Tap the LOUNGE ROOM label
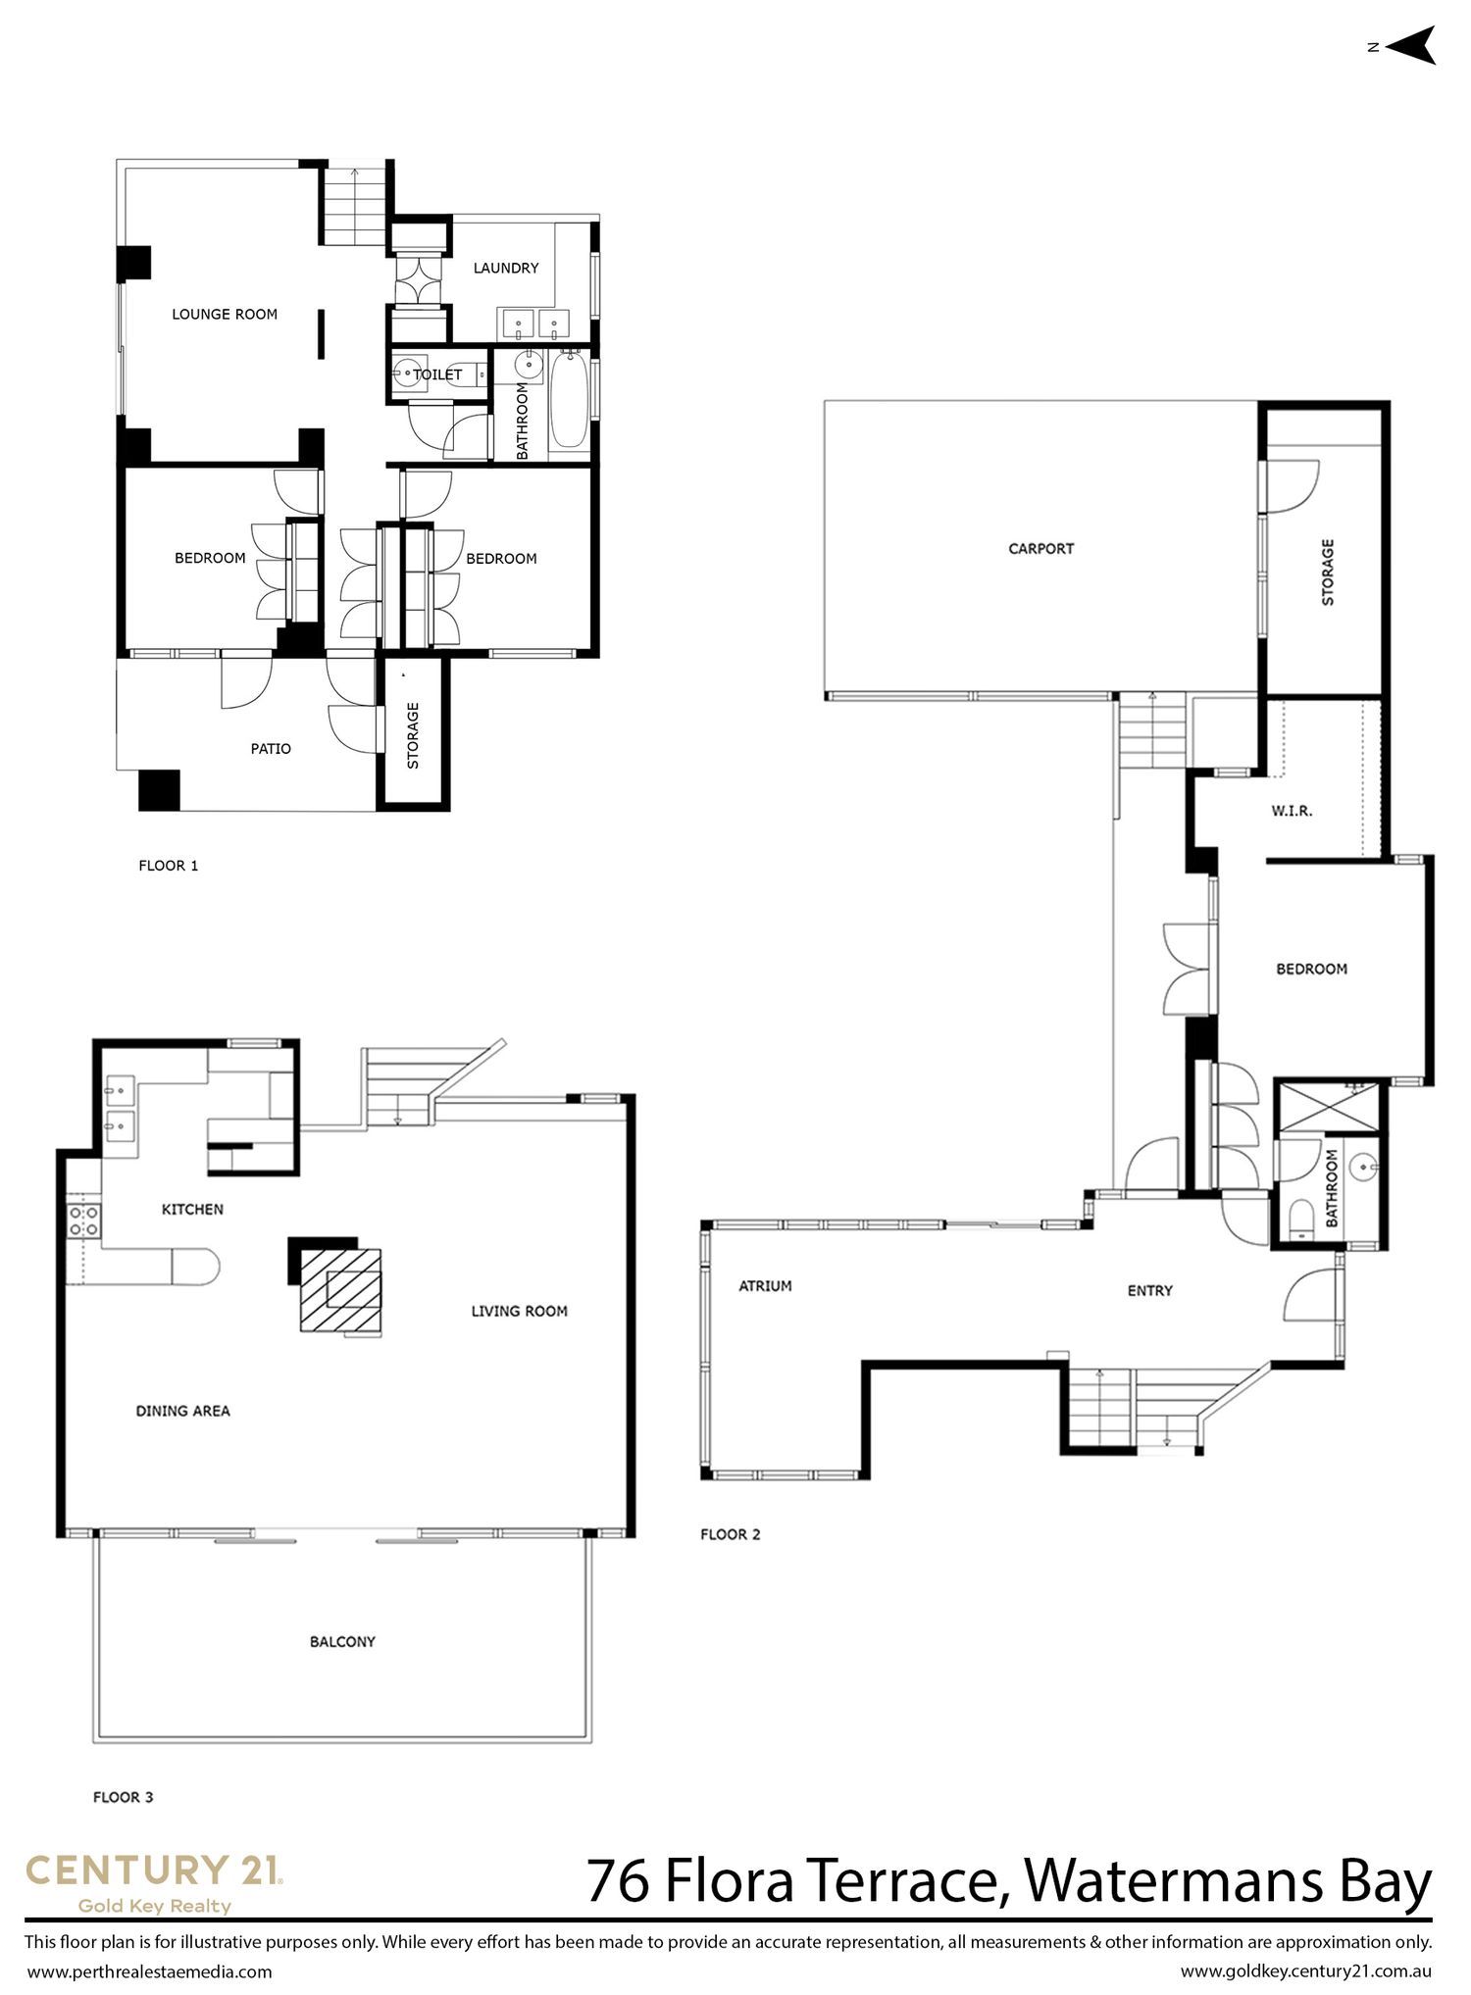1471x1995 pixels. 225,315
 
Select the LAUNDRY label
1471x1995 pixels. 506,268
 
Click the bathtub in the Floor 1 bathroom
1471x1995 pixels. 569,403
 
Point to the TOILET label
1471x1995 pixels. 437,374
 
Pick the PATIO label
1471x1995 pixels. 271,749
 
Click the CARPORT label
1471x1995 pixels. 1041,549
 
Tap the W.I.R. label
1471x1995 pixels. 1292,811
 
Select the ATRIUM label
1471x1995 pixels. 765,1286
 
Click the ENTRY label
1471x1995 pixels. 1150,1291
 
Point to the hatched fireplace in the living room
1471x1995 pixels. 340,1290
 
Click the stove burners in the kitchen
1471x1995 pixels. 83,1221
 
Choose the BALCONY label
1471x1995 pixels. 342,1642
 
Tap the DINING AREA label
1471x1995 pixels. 183,1412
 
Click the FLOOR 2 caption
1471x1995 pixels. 731,1535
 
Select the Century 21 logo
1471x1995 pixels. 154,1883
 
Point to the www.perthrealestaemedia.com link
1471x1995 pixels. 149,1971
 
